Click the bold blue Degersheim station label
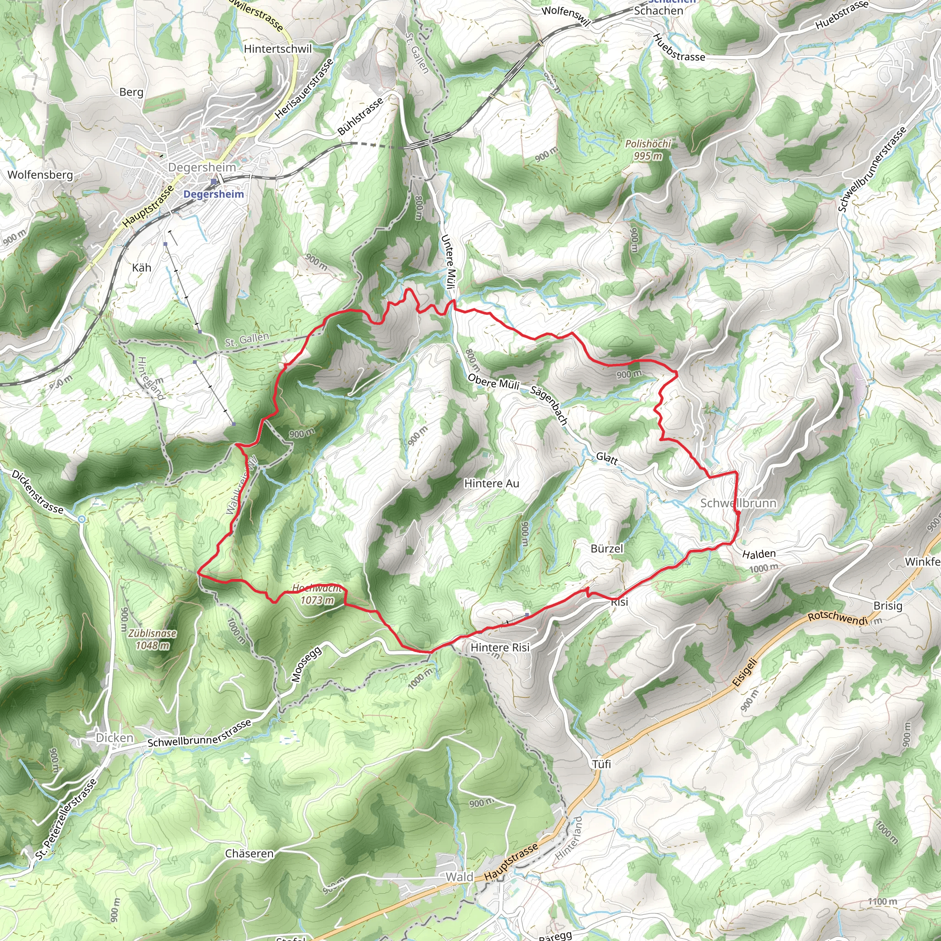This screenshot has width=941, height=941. coord(213,194)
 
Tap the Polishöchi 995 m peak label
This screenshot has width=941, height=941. coord(648,149)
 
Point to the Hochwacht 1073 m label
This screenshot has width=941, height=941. coord(317,595)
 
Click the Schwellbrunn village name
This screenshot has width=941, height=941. coord(738,503)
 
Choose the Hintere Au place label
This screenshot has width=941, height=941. coord(492,484)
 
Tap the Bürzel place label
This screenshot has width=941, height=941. coord(607,549)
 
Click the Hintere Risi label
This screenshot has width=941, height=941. coord(500,648)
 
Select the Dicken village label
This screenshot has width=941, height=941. coord(114,738)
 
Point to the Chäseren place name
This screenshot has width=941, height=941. coord(249,854)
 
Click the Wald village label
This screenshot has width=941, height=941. coord(459,877)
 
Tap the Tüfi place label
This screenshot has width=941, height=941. coord(601,764)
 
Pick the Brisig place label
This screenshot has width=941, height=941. coord(887,606)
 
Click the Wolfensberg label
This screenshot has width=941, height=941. coord(40,175)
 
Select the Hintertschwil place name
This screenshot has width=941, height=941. coord(278,49)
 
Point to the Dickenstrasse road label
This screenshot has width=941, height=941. coord(38,492)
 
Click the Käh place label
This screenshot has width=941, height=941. coord(142,268)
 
